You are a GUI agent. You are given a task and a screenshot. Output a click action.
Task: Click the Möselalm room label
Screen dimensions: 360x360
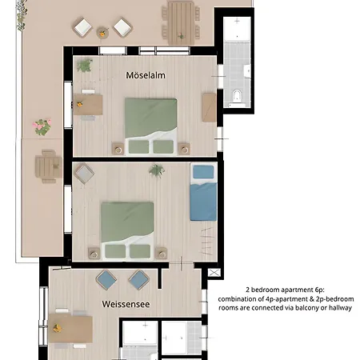tap(146, 75)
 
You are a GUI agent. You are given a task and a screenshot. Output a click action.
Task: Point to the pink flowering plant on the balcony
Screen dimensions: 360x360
tap(40, 126)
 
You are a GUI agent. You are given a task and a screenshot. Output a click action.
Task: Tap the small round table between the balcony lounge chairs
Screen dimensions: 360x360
tap(102, 32)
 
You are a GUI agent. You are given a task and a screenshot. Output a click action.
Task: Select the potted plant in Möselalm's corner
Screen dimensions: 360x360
tap(84, 66)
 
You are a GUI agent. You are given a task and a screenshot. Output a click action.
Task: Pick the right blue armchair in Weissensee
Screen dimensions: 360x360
tap(138, 279)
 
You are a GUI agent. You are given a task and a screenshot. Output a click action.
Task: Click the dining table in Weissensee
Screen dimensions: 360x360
tap(70, 327)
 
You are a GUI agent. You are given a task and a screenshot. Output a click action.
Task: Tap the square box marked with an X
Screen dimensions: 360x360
tap(214, 272)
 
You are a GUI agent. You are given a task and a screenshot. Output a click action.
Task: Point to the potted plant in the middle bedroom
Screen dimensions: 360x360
tap(156, 170)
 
